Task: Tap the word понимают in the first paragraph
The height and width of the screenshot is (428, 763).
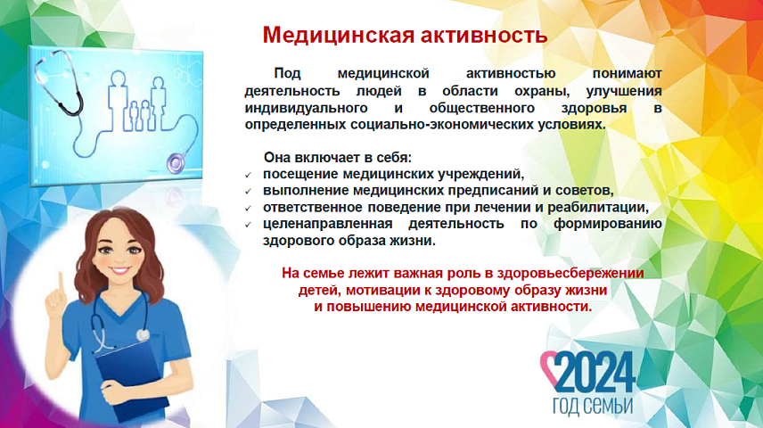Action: [x=627, y=73]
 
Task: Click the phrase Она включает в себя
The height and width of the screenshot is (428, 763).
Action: [x=337, y=157]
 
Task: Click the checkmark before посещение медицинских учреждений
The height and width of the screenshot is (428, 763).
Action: [x=248, y=175]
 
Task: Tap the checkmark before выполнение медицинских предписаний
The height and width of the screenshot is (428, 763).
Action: [x=248, y=192]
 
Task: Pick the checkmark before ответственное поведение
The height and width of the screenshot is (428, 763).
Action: [x=248, y=209]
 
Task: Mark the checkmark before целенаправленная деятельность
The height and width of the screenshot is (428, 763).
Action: [x=248, y=225]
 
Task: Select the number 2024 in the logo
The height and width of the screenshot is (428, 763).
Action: [x=595, y=372]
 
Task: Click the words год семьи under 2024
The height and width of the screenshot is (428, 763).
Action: [x=593, y=406]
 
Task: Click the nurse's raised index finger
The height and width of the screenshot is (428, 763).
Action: [x=62, y=284]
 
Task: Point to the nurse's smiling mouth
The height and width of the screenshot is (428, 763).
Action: [x=119, y=269]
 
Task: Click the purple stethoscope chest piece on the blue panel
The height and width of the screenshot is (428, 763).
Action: [x=176, y=162]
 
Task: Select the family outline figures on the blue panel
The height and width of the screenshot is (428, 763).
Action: [x=137, y=102]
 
